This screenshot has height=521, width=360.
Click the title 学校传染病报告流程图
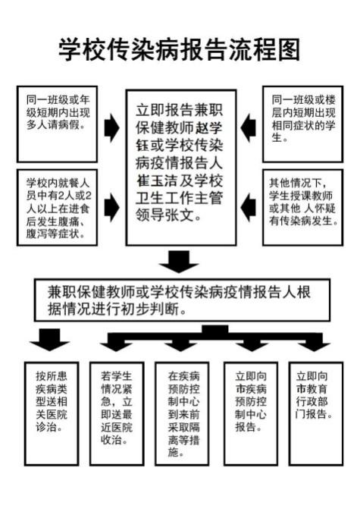(x=180, y=49)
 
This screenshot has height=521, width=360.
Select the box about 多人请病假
(x=57, y=124)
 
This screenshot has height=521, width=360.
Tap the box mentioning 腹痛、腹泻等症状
(x=57, y=207)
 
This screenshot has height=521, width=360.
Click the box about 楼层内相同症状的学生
(x=303, y=124)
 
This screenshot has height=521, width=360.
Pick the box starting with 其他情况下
(x=303, y=207)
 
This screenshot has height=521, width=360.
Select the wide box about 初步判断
(x=183, y=300)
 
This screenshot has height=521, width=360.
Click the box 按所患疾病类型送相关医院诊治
(x=52, y=413)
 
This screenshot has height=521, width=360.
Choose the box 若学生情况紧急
(x=117, y=413)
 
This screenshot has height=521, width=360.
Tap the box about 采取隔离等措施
(x=182, y=413)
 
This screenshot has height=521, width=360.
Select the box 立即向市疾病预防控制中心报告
(x=251, y=413)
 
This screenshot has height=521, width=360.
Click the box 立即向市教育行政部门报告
(x=316, y=413)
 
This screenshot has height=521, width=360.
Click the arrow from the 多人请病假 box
(x=112, y=127)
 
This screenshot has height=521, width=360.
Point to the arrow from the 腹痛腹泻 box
(x=112, y=208)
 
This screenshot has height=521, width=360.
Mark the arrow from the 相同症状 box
(x=248, y=127)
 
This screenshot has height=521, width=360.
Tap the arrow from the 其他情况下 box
(x=248, y=208)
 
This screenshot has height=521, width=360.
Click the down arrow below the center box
(x=179, y=262)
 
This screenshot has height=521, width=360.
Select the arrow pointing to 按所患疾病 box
(x=50, y=339)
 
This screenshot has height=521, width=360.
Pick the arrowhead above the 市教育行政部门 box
(x=314, y=346)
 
